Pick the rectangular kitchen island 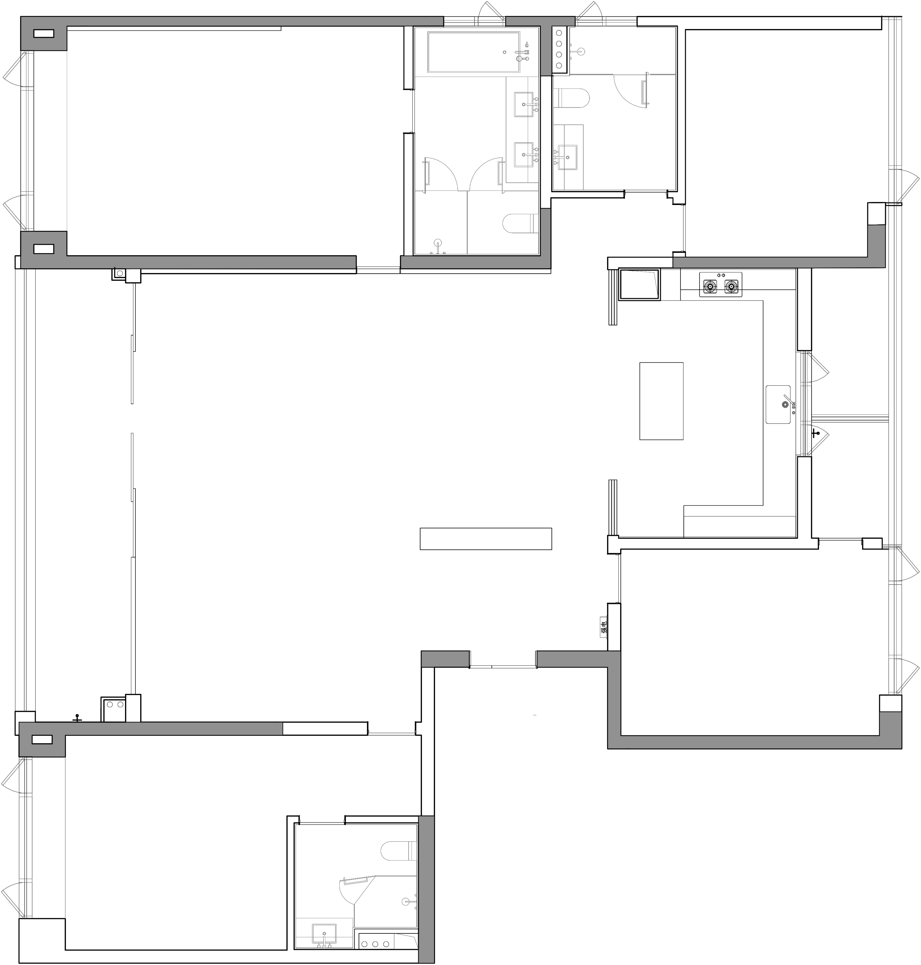(x=661, y=401)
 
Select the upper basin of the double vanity (x=524, y=105)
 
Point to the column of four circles (x=559, y=49)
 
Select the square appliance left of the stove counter (x=639, y=284)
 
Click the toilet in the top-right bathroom (x=571, y=98)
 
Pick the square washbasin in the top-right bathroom (x=568, y=157)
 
